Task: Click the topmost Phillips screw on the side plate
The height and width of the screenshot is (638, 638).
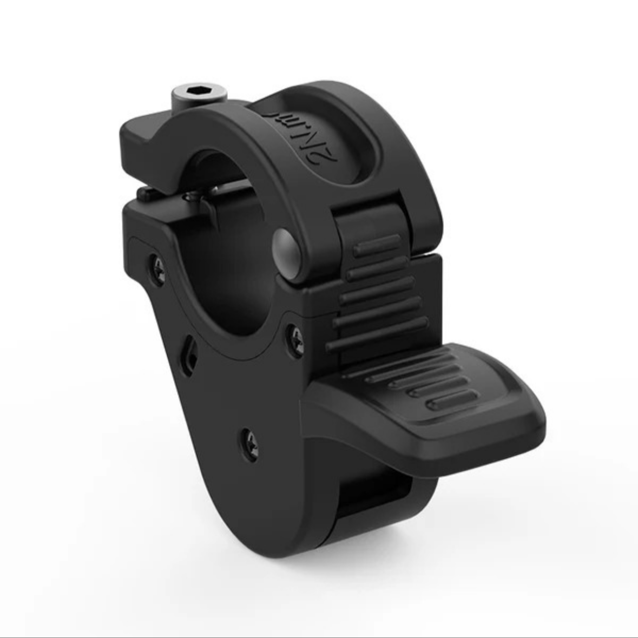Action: click(156, 264)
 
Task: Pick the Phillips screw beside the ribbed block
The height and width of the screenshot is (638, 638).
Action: click(295, 338)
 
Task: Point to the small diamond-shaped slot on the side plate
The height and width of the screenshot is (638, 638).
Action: click(189, 358)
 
